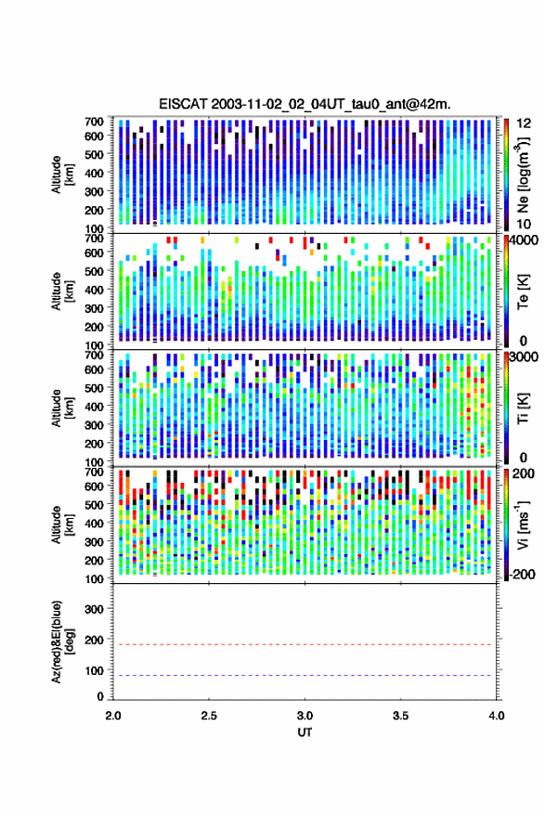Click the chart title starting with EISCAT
(x=305, y=104)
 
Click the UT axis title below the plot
(x=305, y=732)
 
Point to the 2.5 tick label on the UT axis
(x=209, y=716)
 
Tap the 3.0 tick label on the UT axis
(x=305, y=716)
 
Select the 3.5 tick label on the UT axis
(x=400, y=716)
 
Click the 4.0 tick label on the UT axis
(x=496, y=716)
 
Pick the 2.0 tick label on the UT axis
(x=113, y=716)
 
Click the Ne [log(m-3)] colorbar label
(x=523, y=175)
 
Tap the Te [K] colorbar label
(x=523, y=291)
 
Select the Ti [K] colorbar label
(x=523, y=408)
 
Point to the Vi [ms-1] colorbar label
(x=523, y=525)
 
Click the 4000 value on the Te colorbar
(x=525, y=241)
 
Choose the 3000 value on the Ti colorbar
(x=525, y=357)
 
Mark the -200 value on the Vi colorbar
(x=523, y=574)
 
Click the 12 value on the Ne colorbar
(x=525, y=123)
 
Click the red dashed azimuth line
(x=305, y=644)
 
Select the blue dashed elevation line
(x=305, y=676)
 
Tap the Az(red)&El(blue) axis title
(x=61, y=641)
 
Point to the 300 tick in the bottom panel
(x=94, y=609)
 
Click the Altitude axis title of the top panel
(x=62, y=175)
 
